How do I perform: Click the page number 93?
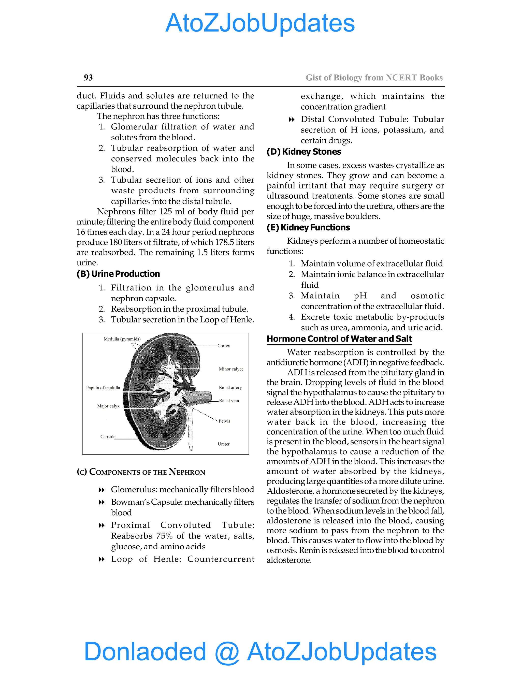point(88,78)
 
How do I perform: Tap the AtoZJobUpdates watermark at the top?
point(260,23)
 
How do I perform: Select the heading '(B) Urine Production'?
point(118,274)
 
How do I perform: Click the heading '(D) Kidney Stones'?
point(304,152)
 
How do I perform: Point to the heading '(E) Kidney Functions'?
point(308,227)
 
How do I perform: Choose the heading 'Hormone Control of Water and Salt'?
point(339,339)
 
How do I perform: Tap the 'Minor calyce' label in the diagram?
point(231,369)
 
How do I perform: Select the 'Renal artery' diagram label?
point(230,387)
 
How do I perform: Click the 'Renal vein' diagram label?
point(229,401)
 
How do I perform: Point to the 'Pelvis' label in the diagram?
point(224,421)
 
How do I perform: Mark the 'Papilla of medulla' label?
point(103,388)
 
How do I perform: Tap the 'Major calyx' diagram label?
point(108,406)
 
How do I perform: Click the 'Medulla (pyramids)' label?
point(122,339)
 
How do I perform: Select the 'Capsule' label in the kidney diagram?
point(108,436)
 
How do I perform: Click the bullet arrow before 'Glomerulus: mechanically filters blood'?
point(101,490)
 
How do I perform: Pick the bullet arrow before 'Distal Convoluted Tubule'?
point(291,120)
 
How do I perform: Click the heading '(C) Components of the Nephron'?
point(141,472)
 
